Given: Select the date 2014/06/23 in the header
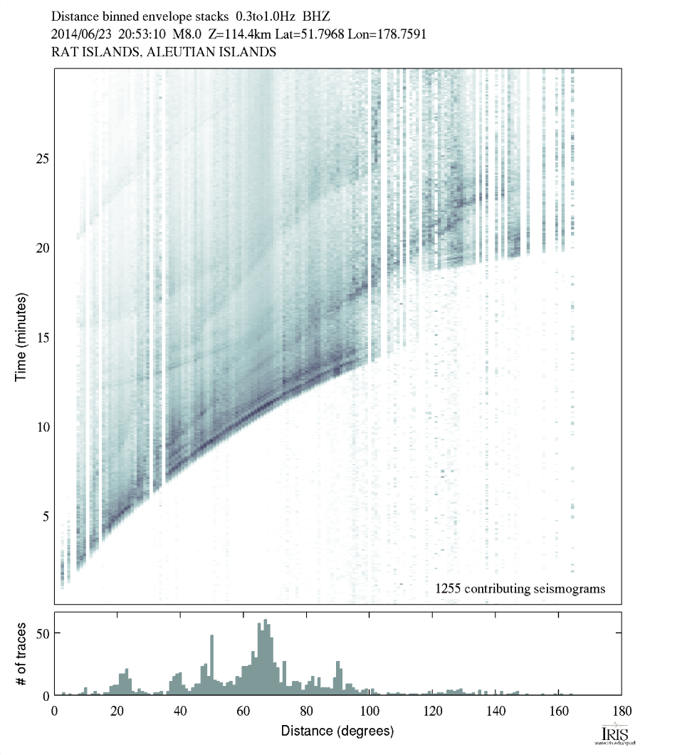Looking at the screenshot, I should [x=80, y=33].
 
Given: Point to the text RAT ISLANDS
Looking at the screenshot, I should [x=88, y=52].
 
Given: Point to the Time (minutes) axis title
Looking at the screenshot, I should [x=21, y=336].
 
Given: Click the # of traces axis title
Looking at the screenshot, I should [x=21, y=653].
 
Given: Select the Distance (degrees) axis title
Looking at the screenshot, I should [x=337, y=731].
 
